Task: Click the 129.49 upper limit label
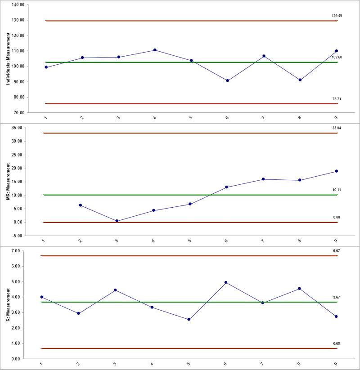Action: pos(334,16)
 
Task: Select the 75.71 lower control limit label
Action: pos(334,99)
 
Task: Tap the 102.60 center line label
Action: pos(334,58)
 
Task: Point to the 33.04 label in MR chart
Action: pos(334,128)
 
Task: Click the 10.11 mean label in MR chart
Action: pos(334,190)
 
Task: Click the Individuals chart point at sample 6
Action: pos(227,80)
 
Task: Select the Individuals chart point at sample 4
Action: pos(155,50)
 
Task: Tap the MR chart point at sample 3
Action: pos(117,221)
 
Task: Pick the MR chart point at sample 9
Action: pos(336,171)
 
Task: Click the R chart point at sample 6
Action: pos(225,282)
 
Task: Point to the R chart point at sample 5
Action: pos(189,319)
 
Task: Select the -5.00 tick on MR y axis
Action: pos(18,236)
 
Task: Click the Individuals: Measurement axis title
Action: pos(8,58)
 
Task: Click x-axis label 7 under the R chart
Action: pos(261,363)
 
